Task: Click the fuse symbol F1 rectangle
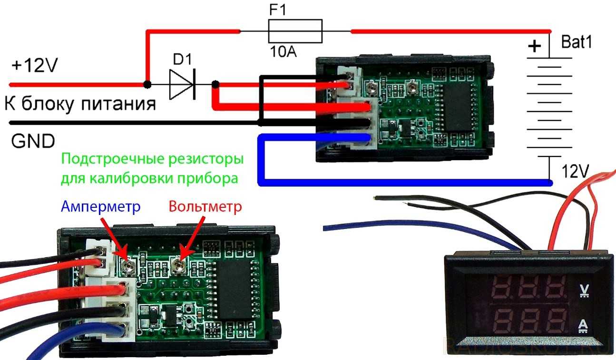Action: [x=295, y=31]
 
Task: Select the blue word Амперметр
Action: [x=101, y=207]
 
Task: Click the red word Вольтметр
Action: [x=205, y=207]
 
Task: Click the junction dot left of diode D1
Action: [x=148, y=85]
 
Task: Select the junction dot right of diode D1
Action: [x=215, y=85]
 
